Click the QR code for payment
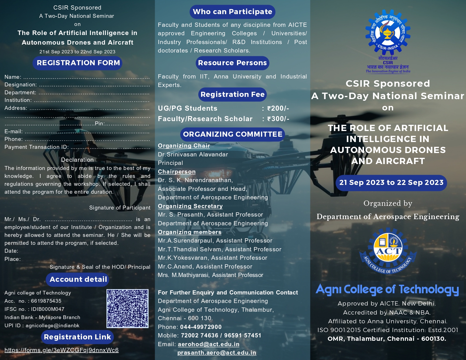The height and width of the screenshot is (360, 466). pyautogui.click(x=127, y=308)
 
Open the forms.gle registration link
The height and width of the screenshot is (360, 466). pyautogui.click(x=62, y=350)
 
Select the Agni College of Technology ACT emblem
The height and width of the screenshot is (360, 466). pyautogui.click(x=388, y=251)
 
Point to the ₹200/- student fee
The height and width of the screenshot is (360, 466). pyautogui.click(x=278, y=108)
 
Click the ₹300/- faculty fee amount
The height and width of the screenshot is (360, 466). pyautogui.click(x=278, y=119)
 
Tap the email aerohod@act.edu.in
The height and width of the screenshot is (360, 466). pyautogui.click(x=208, y=344)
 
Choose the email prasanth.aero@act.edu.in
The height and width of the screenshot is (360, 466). pyautogui.click(x=217, y=353)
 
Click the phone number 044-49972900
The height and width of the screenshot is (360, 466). pyautogui.click(x=201, y=327)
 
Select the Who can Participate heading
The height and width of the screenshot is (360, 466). pyautogui.click(x=232, y=12)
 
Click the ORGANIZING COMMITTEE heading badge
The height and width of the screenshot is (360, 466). pyautogui.click(x=232, y=134)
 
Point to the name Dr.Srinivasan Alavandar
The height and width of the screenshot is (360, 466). pyautogui.click(x=193, y=154)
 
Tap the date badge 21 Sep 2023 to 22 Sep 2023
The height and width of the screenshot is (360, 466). pyautogui.click(x=391, y=183)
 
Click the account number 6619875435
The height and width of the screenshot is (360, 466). pyautogui.click(x=46, y=301)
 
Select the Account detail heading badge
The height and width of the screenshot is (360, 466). pyautogui.click(x=77, y=279)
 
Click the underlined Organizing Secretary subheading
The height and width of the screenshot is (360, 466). pyautogui.click(x=190, y=206)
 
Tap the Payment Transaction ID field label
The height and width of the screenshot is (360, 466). pyautogui.click(x=36, y=147)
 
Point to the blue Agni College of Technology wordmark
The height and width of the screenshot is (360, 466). pyautogui.click(x=387, y=289)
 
